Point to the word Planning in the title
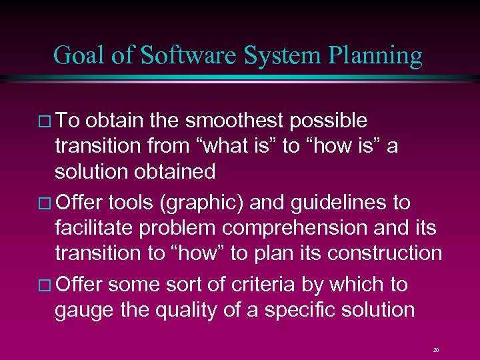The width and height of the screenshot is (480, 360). coord(376,55)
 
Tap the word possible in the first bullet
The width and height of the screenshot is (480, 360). coord(331,121)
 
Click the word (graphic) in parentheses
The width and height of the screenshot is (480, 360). coord(209,202)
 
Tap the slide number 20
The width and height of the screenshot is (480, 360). coord(435,349)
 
